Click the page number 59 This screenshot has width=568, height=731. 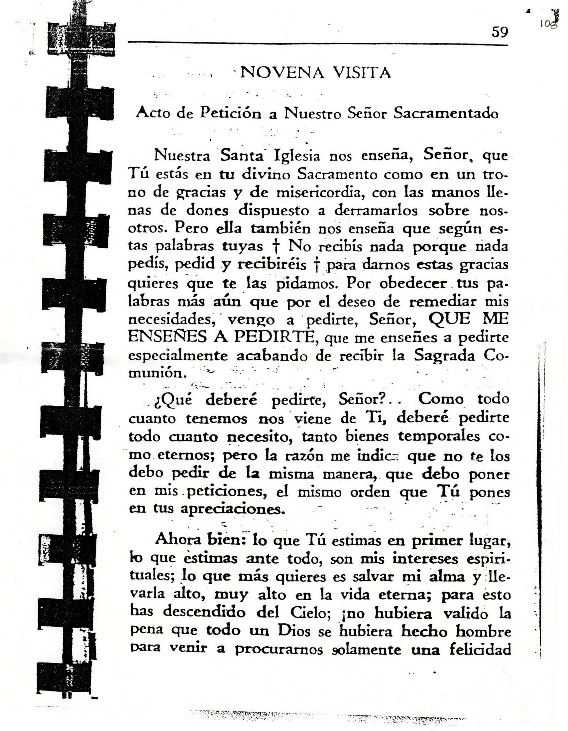point(500,33)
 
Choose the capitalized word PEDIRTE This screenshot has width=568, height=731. point(274,336)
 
